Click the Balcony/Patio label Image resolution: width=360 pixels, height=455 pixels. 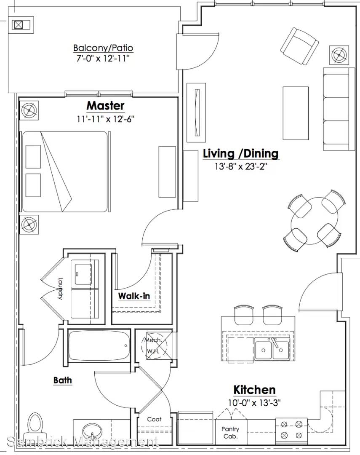click(103, 48)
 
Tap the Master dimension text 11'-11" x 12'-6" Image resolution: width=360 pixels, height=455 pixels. click(106, 119)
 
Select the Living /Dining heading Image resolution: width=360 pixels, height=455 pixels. click(241, 153)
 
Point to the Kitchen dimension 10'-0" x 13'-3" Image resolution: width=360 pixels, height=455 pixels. click(254, 403)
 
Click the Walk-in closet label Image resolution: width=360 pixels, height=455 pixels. click(134, 296)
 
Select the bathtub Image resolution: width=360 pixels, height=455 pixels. click(99, 345)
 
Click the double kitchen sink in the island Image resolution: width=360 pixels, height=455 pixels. click(272, 349)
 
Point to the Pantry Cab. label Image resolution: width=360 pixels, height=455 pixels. click(230, 432)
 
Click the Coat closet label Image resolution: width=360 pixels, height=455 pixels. click(154, 419)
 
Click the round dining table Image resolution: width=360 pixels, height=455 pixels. click(315, 220)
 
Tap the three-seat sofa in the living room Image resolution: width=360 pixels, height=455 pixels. click(339, 109)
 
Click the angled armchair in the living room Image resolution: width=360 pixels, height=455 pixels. click(300, 46)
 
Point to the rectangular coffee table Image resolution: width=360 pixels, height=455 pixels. click(296, 113)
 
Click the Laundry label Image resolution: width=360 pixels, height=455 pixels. click(60, 289)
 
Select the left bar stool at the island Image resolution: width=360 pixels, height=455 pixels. click(244, 315)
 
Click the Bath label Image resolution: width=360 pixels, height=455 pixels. click(63, 380)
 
